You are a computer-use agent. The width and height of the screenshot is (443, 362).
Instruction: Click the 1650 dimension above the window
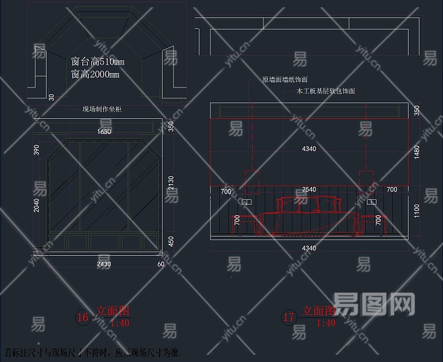pyautogui.click(x=105, y=131)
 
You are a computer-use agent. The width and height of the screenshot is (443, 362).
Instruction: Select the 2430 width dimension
pyautogui.click(x=104, y=264)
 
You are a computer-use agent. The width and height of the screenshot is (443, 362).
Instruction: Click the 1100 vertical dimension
pyautogui.click(x=416, y=211)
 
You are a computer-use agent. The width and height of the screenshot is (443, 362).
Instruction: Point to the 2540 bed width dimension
pyautogui.click(x=309, y=189)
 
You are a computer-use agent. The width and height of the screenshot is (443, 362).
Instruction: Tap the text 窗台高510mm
pyautogui.click(x=97, y=62)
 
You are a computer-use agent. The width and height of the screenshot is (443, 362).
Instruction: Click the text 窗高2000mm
pyautogui.click(x=95, y=74)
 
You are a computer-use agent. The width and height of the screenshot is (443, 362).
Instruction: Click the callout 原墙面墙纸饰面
pyautogui.click(x=285, y=80)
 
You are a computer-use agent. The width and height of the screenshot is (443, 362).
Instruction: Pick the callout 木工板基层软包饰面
pyautogui.click(x=326, y=91)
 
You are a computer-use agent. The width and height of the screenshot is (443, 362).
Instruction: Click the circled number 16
pyautogui.click(x=82, y=317)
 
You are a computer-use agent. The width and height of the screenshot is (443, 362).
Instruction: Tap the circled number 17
pyautogui.click(x=289, y=317)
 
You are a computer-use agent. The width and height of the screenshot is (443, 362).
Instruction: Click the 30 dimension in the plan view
pyautogui.click(x=51, y=96)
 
